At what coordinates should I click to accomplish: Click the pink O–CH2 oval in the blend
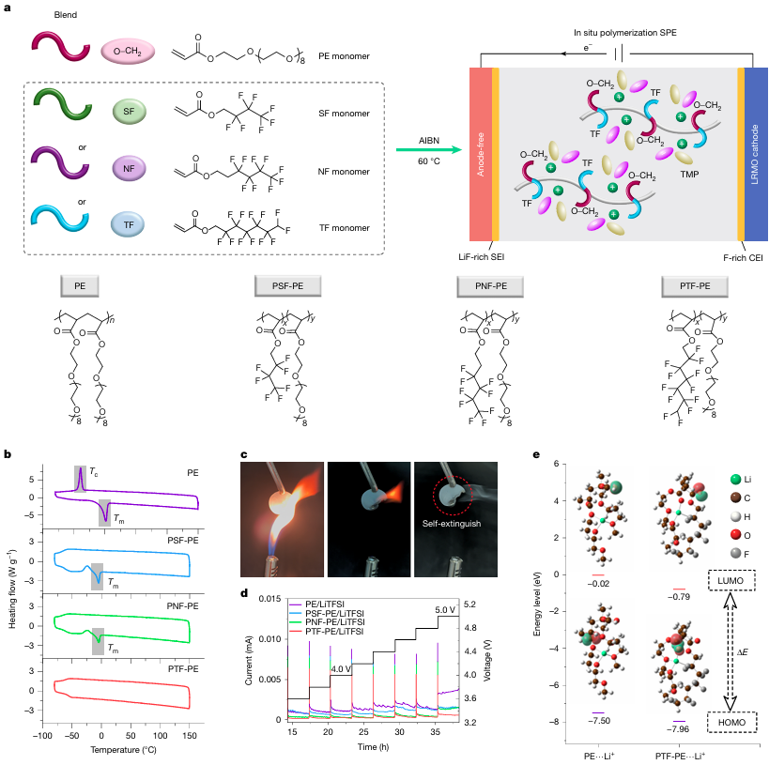[127, 54]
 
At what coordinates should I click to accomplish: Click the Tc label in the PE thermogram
[96, 474]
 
